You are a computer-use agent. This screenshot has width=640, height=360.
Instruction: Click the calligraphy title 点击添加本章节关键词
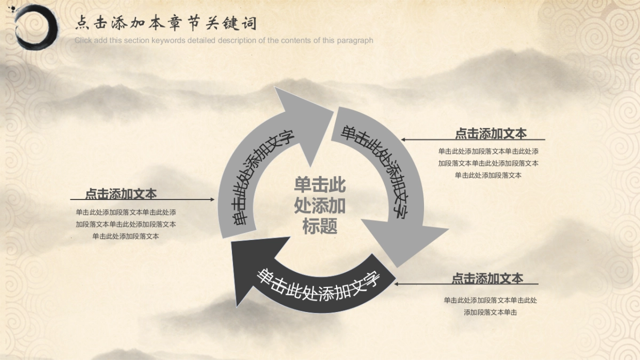coord(166,23)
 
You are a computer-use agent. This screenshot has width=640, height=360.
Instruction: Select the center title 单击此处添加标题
coord(319,205)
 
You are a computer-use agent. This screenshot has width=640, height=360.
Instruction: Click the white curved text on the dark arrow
coord(318,286)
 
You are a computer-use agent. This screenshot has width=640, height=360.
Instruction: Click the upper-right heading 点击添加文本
coord(491,133)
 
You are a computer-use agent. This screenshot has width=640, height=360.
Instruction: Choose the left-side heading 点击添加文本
coord(121,194)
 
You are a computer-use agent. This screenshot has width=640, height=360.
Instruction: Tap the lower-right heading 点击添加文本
coord(487,278)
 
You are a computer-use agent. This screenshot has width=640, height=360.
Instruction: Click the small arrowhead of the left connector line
coord(212,199)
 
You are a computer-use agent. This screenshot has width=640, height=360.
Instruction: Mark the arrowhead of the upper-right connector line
coord(403,140)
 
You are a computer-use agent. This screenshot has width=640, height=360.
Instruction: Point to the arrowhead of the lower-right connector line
coord(396,284)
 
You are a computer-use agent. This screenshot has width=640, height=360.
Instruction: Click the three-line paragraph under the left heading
coord(126,225)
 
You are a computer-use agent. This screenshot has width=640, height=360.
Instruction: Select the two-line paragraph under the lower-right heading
coord(490,306)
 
